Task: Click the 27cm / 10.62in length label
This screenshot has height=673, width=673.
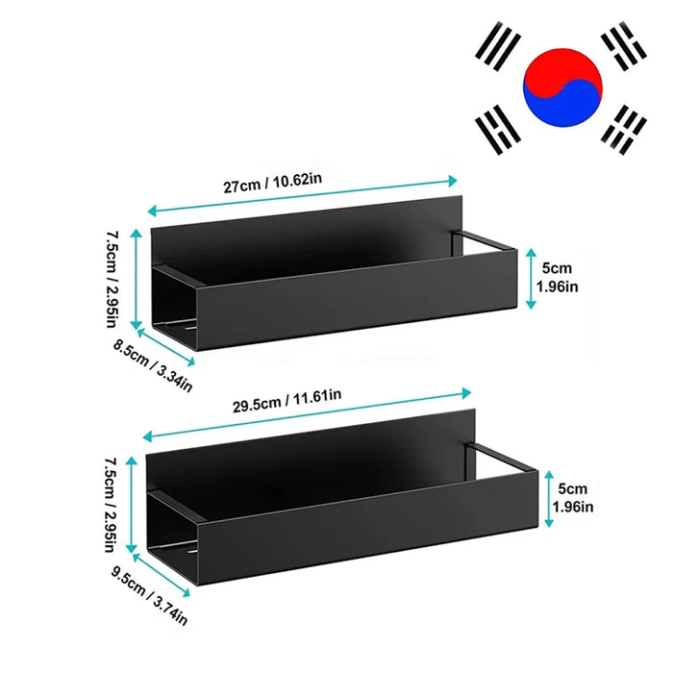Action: click(272, 183)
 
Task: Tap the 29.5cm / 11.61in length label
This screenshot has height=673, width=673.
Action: click(287, 401)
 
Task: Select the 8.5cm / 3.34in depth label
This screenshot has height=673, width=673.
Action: click(153, 365)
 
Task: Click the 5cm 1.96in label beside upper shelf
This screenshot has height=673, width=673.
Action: click(557, 277)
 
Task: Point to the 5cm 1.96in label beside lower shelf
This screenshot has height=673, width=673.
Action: click(573, 498)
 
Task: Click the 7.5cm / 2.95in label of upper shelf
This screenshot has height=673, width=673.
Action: click(112, 280)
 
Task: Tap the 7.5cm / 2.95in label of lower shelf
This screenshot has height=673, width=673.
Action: click(111, 505)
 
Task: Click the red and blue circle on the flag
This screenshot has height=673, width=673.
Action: click(562, 87)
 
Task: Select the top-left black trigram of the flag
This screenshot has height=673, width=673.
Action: click(498, 45)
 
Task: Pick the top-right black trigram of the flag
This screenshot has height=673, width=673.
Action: click(624, 45)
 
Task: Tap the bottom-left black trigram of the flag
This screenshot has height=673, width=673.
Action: click(498, 129)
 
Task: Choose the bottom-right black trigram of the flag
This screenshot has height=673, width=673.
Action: click(624, 130)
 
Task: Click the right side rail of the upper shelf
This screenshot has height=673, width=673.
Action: click(482, 241)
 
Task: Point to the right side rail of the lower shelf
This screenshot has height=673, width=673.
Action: click(500, 458)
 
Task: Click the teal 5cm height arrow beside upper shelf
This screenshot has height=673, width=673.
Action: click(531, 279)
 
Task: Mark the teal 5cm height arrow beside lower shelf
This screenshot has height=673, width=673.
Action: click(549, 499)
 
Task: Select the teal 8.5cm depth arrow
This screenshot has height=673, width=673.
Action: click(166, 347)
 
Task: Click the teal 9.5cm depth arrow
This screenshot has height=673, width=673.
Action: click(162, 575)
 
